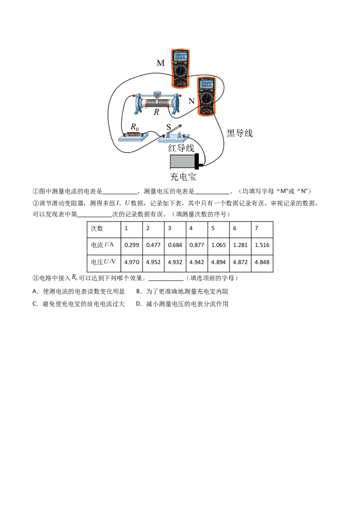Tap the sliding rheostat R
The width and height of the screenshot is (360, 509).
point(157,102)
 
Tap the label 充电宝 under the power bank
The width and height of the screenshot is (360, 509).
point(183,177)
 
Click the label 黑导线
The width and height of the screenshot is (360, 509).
point(239,133)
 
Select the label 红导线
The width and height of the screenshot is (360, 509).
point(181,148)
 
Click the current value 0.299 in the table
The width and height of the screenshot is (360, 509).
point(131,245)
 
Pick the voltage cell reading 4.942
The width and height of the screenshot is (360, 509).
point(197,262)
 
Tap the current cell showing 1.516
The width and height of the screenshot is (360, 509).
point(261,245)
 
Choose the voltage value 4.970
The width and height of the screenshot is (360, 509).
point(131,262)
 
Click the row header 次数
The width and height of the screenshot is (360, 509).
point(97,228)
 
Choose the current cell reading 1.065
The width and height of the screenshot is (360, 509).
point(218,245)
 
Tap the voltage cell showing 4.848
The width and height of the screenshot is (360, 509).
point(261,262)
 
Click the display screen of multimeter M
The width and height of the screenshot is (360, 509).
point(180,57)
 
